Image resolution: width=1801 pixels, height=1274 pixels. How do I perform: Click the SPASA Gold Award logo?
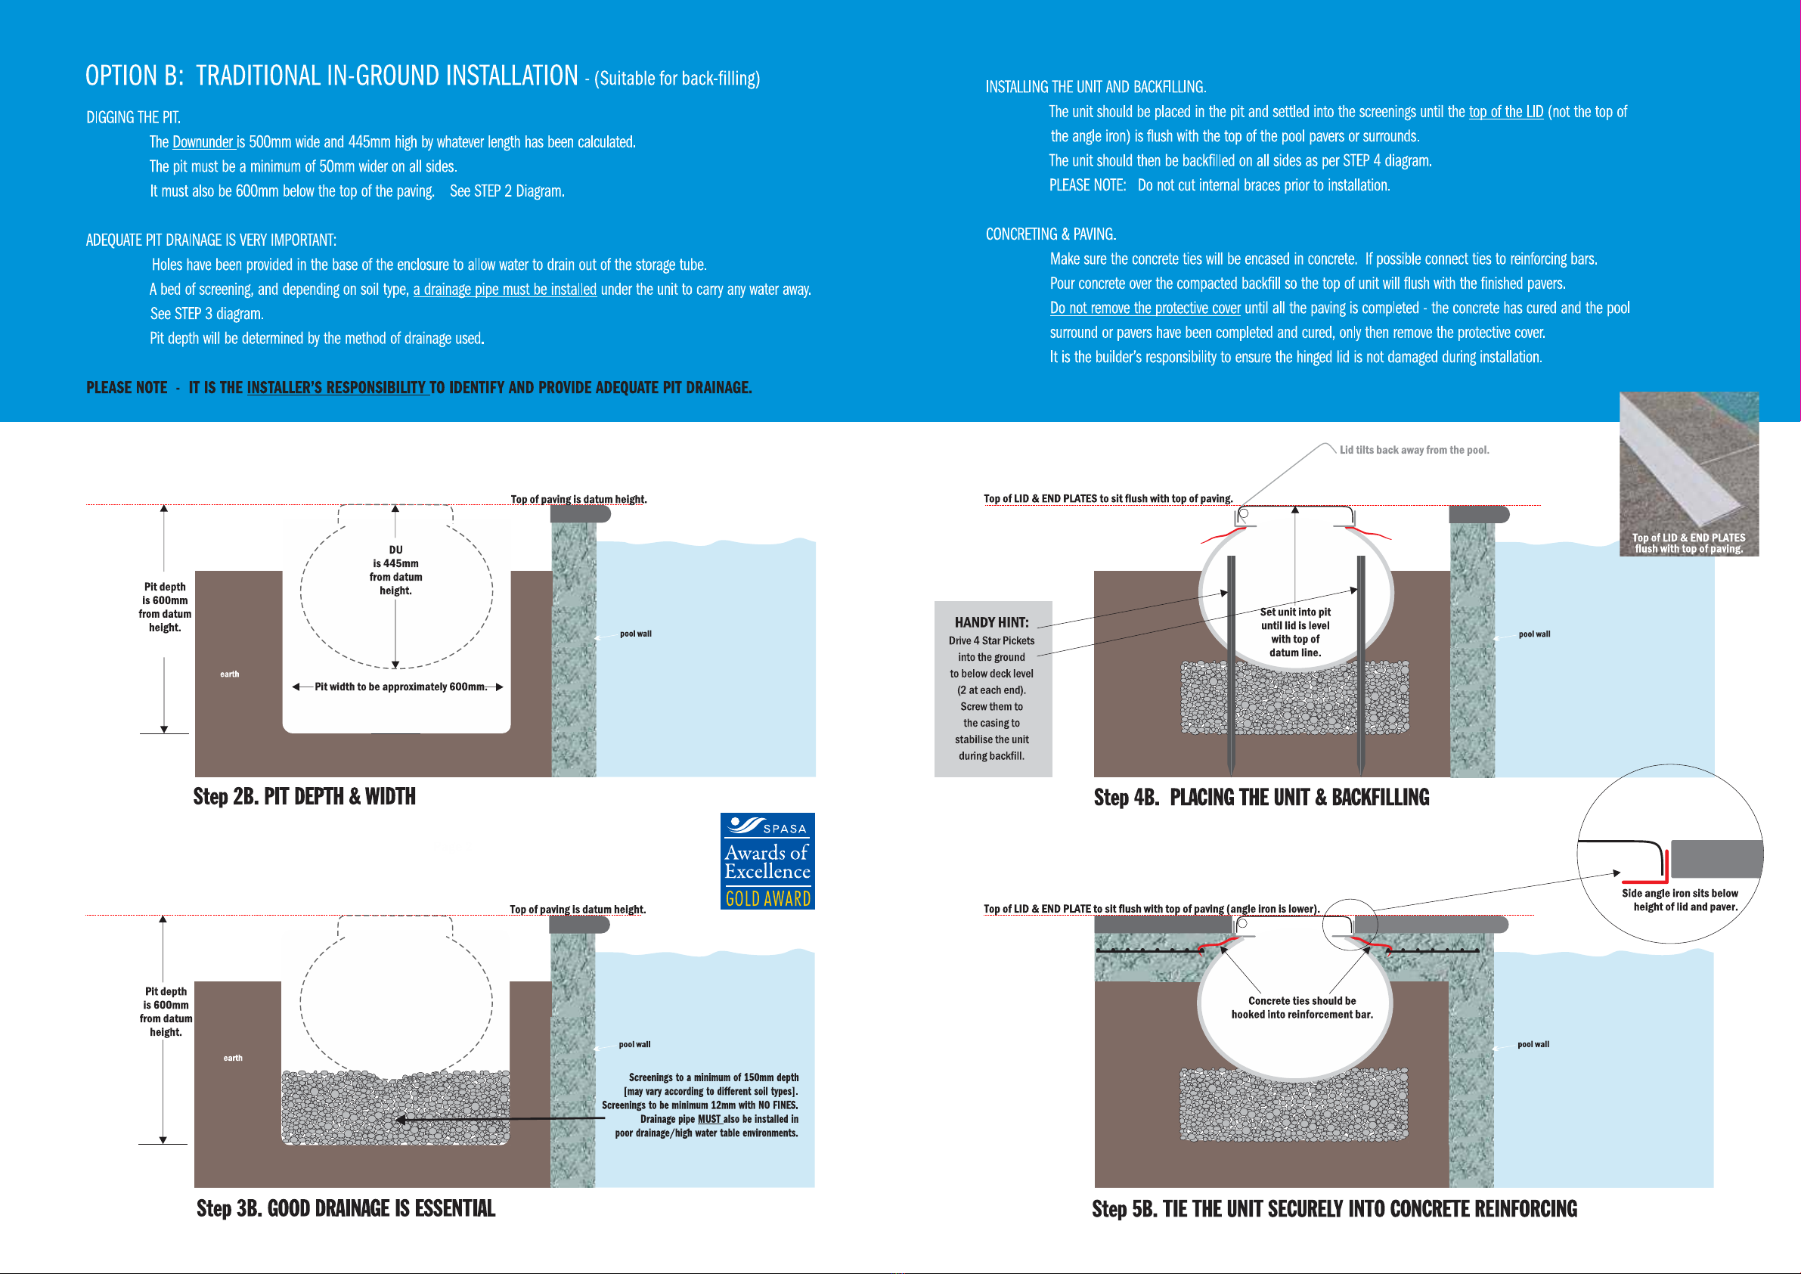point(767,860)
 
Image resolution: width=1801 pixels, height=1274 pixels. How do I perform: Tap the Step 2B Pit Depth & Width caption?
point(305,796)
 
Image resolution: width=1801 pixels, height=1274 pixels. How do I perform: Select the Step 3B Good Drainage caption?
point(346,1208)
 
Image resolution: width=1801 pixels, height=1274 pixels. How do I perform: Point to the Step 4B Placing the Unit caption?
point(1261,797)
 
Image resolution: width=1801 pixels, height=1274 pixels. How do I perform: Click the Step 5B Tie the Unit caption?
point(1334,1209)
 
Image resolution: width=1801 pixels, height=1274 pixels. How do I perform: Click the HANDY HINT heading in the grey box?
point(991,622)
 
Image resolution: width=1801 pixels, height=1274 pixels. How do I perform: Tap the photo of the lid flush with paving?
point(1689,474)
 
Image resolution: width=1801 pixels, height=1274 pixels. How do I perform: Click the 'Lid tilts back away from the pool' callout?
point(1413,450)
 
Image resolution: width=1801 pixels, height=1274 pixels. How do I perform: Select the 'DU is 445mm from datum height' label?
point(395,570)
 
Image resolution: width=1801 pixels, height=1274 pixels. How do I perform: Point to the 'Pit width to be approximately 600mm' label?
point(400,687)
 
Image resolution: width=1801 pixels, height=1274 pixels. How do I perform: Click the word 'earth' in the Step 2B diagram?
point(229,674)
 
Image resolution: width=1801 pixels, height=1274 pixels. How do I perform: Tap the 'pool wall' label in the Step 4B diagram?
point(1534,634)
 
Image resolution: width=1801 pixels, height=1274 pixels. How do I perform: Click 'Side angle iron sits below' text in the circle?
point(1679,893)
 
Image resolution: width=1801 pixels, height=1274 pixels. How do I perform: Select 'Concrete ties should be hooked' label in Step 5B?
point(1301,1007)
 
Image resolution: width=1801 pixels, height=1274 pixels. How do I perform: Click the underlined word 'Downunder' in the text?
point(203,142)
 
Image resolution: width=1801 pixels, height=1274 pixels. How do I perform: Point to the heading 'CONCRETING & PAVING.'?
point(1050,234)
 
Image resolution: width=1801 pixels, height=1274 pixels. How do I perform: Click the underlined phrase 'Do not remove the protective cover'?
point(1145,308)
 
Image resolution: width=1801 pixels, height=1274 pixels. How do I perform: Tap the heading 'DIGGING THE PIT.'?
point(133,118)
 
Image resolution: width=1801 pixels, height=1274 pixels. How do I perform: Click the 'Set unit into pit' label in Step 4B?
point(1295,612)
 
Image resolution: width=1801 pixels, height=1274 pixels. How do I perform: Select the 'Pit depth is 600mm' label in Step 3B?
point(166,998)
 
